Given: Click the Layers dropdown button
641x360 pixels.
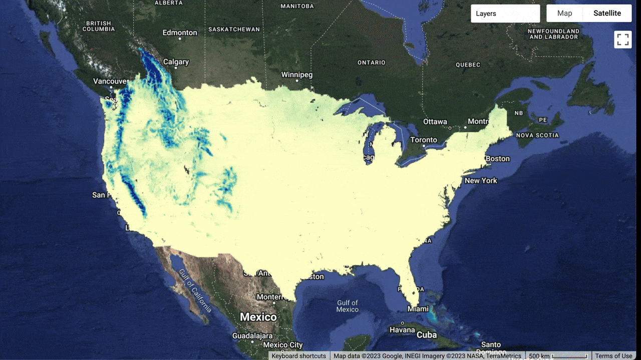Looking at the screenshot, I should [505, 13].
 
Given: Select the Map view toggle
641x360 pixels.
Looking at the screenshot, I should [564, 13].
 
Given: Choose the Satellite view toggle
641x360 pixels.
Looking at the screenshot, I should [607, 13].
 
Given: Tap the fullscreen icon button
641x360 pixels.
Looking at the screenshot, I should [623, 39].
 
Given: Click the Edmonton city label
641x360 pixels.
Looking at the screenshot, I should [180, 32].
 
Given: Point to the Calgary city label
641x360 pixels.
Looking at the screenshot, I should [176, 62].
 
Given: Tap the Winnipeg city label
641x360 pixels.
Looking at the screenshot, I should [296, 75].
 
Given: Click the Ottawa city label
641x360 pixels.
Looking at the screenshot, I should [435, 121].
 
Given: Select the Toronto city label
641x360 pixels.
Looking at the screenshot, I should [424, 140].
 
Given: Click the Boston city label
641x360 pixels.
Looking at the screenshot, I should [497, 158].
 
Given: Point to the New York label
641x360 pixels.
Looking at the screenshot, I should [481, 180].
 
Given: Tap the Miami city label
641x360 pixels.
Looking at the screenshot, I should [418, 309].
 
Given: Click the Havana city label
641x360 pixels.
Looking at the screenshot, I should [402, 330].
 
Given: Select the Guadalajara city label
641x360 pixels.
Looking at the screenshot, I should [252, 335].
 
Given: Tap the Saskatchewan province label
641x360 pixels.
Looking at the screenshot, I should [234, 29].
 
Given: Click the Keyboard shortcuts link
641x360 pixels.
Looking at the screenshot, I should [298, 356].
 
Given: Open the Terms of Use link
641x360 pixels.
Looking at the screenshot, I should [613, 356].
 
